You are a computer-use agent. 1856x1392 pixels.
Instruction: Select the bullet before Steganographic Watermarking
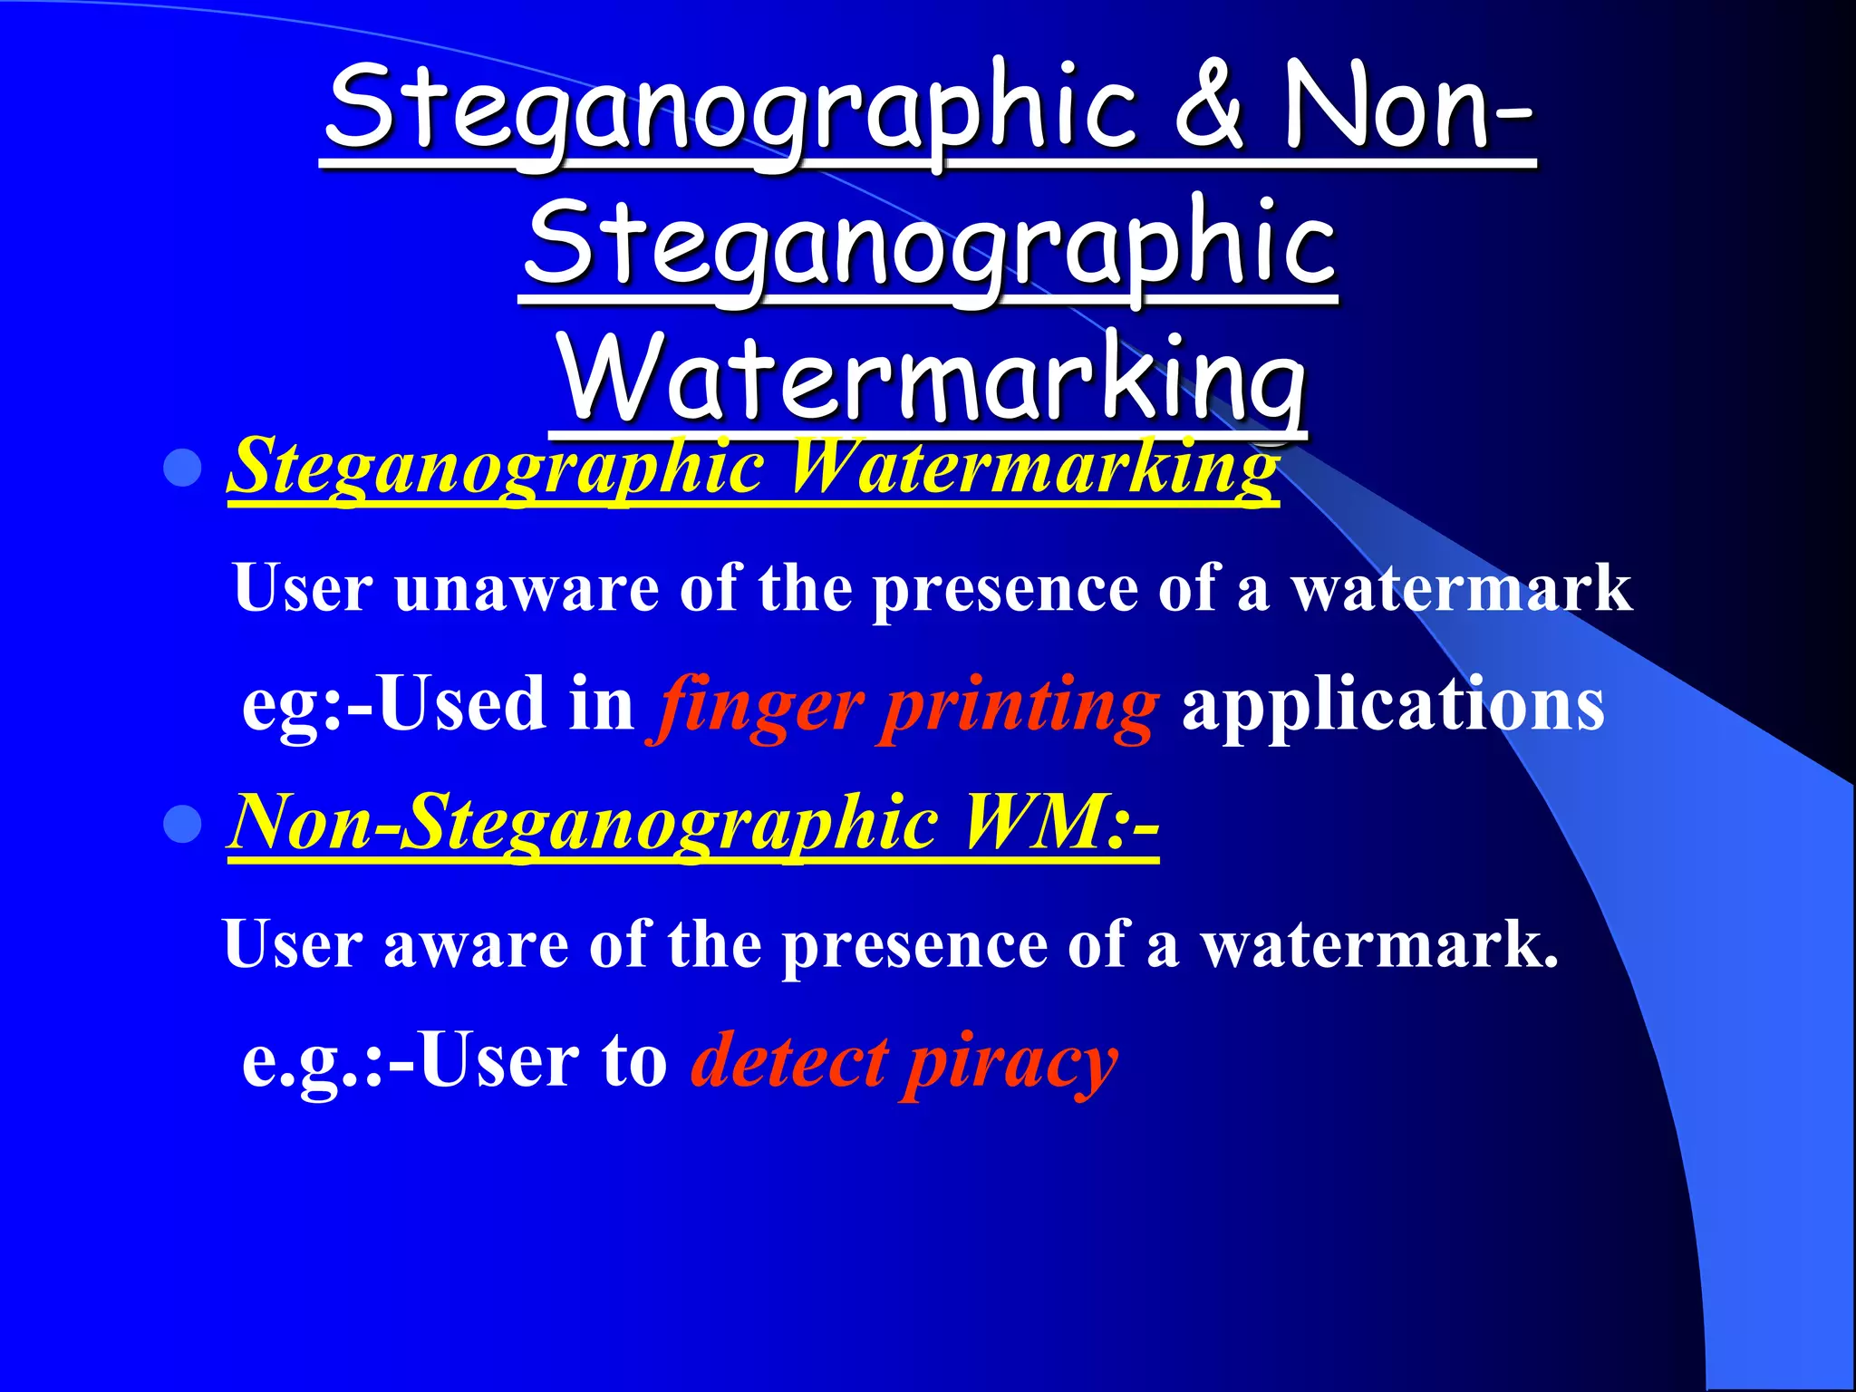click(183, 469)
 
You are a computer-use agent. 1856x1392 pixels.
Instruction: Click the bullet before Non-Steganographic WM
click(183, 824)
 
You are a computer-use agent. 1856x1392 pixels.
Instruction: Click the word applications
click(1393, 705)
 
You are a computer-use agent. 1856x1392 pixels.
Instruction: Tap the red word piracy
click(1010, 1062)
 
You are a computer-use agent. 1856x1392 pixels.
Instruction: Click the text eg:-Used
click(393, 705)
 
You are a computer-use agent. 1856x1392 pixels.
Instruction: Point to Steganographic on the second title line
click(930, 243)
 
